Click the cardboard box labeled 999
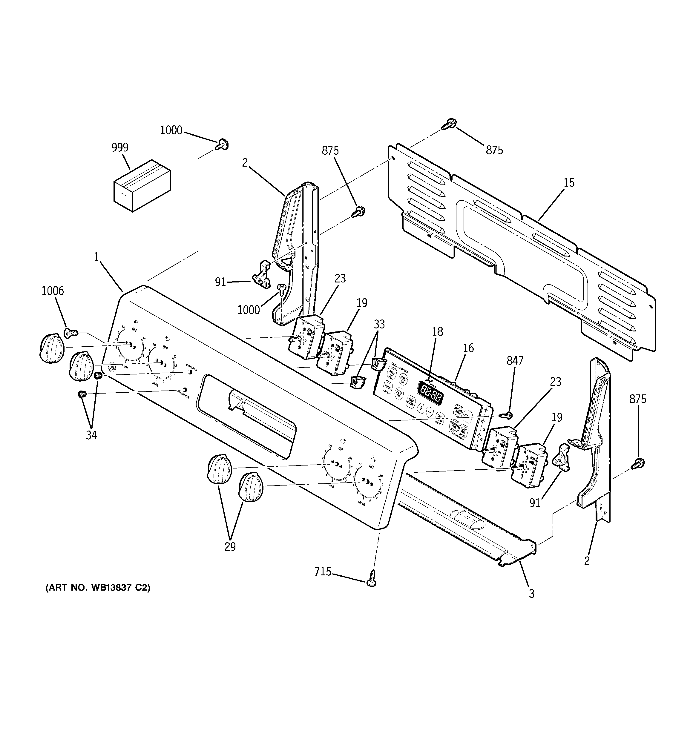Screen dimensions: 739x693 click(x=142, y=185)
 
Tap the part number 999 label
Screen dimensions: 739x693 click(x=120, y=148)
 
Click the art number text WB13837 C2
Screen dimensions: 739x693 click(x=98, y=598)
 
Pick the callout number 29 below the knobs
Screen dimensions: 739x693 click(x=230, y=546)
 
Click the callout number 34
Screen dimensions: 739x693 click(x=91, y=435)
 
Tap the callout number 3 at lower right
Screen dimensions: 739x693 click(x=532, y=594)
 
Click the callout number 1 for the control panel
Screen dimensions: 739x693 click(x=96, y=256)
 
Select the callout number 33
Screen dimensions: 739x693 click(x=379, y=324)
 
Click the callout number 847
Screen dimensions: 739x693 click(x=515, y=361)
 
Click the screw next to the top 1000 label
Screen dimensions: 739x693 click(x=223, y=144)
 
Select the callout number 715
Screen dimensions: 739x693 click(x=323, y=571)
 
